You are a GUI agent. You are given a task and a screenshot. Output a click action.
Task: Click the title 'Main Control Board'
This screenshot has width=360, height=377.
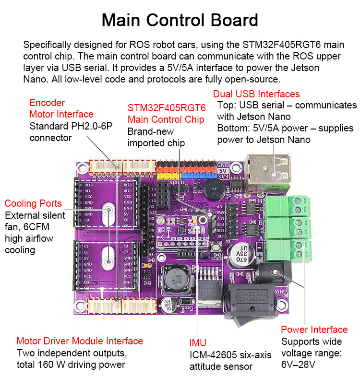point(180,20)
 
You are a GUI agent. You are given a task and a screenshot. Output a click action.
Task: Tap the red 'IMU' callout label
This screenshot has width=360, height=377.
point(198,343)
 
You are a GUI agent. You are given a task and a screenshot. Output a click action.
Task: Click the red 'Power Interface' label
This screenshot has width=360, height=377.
point(314,330)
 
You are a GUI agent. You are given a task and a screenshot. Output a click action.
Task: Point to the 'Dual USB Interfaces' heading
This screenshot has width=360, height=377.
point(256,94)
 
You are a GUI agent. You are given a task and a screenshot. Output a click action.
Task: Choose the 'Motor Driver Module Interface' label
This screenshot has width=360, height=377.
point(80,341)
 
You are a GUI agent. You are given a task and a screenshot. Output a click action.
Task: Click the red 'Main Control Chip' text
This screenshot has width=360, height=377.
point(166,119)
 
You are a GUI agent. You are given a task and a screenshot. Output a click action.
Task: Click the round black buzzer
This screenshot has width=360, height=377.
point(213,192)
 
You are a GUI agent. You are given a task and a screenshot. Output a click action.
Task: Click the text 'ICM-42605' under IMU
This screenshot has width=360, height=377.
point(211,355)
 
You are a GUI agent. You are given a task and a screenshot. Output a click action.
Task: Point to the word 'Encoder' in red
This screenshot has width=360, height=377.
point(47,103)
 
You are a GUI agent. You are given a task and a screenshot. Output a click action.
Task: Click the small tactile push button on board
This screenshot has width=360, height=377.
point(217,248)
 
